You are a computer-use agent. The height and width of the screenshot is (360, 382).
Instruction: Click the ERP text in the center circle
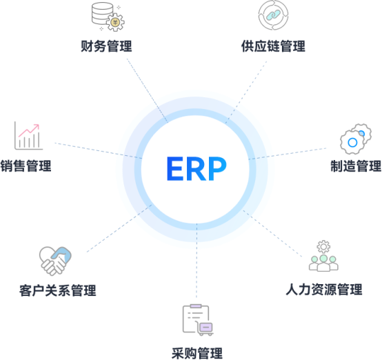[197, 168]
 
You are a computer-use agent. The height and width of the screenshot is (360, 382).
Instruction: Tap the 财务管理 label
[106, 46]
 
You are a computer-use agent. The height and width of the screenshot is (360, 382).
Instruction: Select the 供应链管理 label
[273, 46]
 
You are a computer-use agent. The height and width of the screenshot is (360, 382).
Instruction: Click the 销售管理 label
[26, 166]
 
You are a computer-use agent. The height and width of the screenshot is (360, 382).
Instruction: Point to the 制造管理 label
[356, 166]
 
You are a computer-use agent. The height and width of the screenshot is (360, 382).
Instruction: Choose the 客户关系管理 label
[58, 290]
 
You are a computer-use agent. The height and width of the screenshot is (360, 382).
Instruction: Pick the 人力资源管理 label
[324, 290]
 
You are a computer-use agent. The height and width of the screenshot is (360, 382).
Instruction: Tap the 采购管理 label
[197, 353]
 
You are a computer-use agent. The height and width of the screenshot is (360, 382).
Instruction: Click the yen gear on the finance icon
[115, 23]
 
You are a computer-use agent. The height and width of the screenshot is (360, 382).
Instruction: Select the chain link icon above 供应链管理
[273, 15]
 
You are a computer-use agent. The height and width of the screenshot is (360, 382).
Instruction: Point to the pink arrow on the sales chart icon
[29, 130]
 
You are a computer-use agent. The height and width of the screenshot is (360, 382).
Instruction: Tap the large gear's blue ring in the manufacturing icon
[352, 143]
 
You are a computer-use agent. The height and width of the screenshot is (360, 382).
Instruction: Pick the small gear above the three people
[323, 247]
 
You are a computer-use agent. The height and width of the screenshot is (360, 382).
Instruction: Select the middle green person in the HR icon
[323, 263]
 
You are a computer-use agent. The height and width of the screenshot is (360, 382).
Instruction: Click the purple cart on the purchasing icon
[205, 328]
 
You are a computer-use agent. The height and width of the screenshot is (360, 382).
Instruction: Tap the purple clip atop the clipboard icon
[196, 306]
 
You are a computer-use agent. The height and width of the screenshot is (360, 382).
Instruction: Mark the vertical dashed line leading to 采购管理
[197, 260]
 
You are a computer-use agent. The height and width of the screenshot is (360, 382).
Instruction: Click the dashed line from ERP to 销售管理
[98, 150]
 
